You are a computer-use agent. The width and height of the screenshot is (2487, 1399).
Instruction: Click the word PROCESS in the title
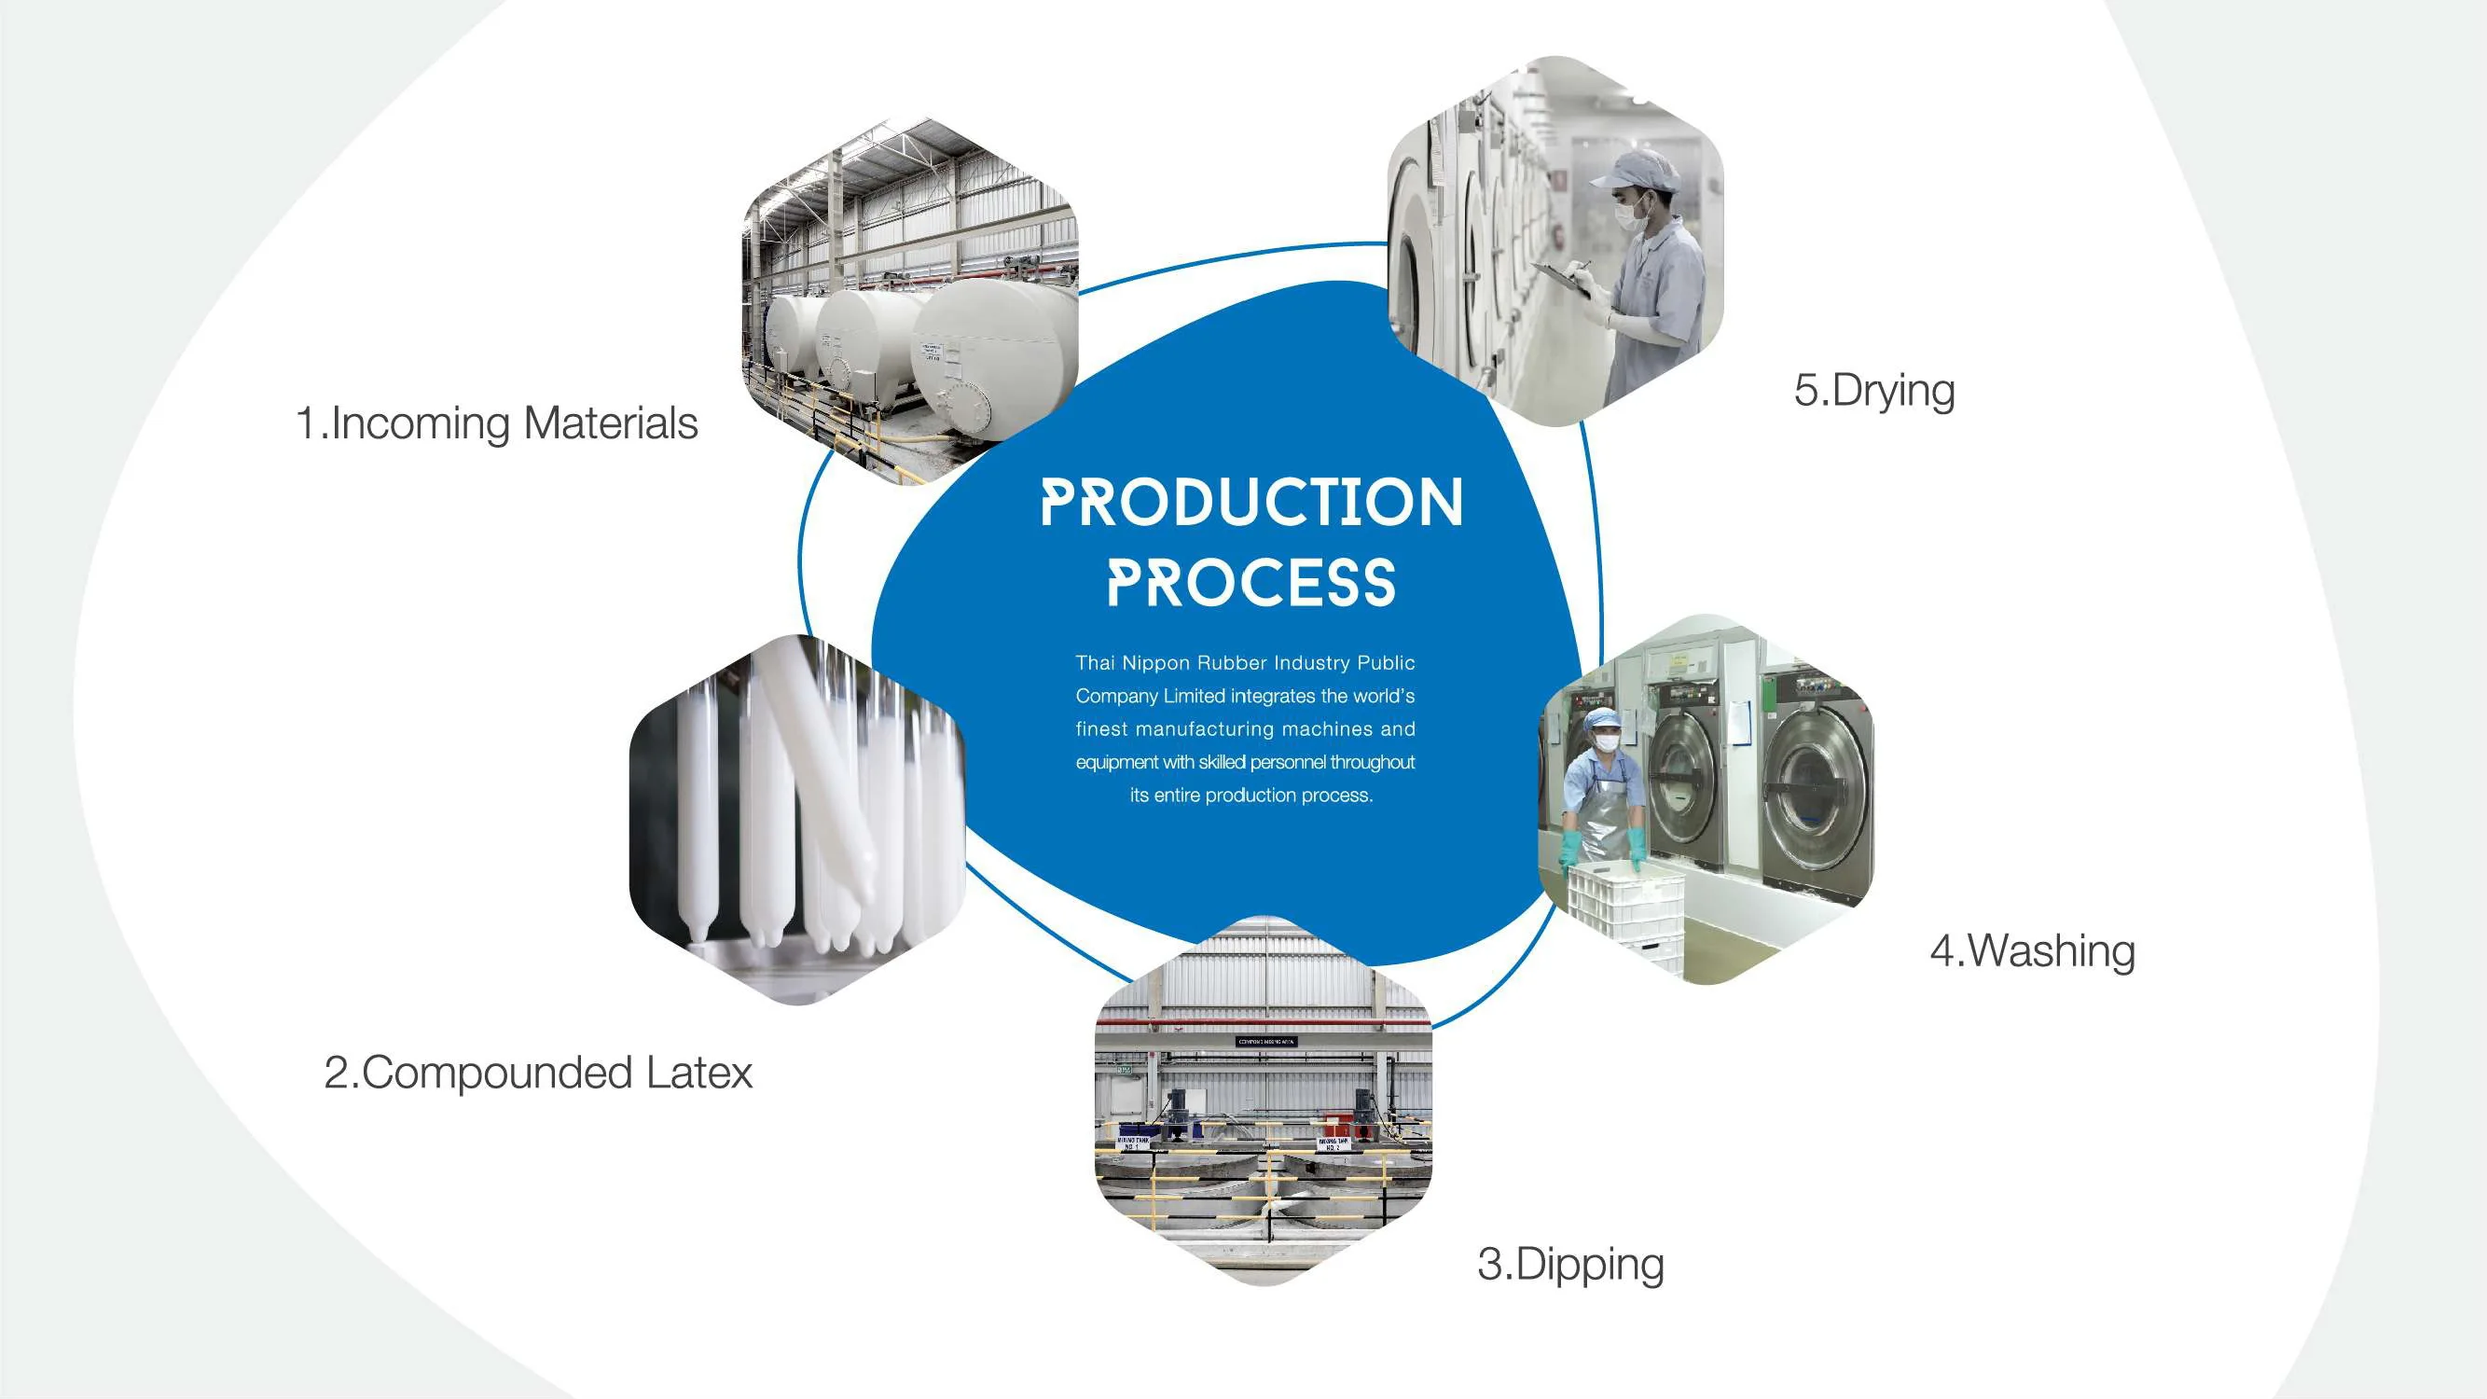coord(1251,583)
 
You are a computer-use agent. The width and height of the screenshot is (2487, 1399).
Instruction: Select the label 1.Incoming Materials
coord(496,423)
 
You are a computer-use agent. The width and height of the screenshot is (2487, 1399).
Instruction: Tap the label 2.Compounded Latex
coord(538,1073)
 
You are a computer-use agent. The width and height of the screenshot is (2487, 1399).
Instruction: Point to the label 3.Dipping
coord(1570,1265)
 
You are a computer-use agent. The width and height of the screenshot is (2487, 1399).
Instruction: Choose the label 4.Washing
coord(2032,951)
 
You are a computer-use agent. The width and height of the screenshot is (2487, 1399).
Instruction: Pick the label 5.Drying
coord(1874,391)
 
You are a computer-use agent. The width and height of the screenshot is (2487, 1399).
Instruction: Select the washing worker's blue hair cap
coord(1605,719)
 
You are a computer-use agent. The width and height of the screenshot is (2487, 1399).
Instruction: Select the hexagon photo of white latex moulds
coord(797,821)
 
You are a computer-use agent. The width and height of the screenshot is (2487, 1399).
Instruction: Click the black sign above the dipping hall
coord(1266,1042)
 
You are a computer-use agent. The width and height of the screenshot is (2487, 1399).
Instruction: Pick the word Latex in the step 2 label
coord(699,1073)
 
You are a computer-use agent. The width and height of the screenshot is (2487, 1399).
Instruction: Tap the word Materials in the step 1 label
coord(610,423)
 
